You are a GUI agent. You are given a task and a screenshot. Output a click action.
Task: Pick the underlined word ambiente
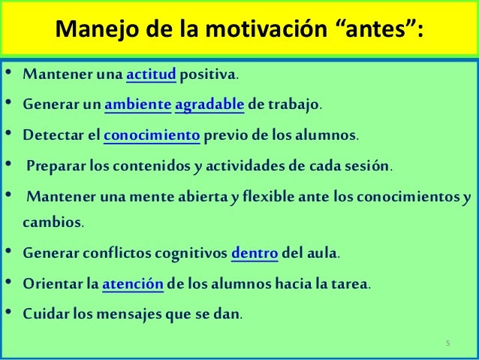(x=137, y=105)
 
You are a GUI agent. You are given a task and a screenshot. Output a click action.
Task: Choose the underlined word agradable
(x=209, y=105)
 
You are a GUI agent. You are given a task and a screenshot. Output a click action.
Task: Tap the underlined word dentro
(x=255, y=254)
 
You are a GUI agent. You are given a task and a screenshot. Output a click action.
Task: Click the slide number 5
(x=447, y=343)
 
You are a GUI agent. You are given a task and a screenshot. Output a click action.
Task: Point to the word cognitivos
(x=188, y=254)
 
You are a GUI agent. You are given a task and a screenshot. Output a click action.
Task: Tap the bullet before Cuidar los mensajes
(x=9, y=313)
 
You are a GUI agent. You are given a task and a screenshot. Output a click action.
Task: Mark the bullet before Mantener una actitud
(x=9, y=75)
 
